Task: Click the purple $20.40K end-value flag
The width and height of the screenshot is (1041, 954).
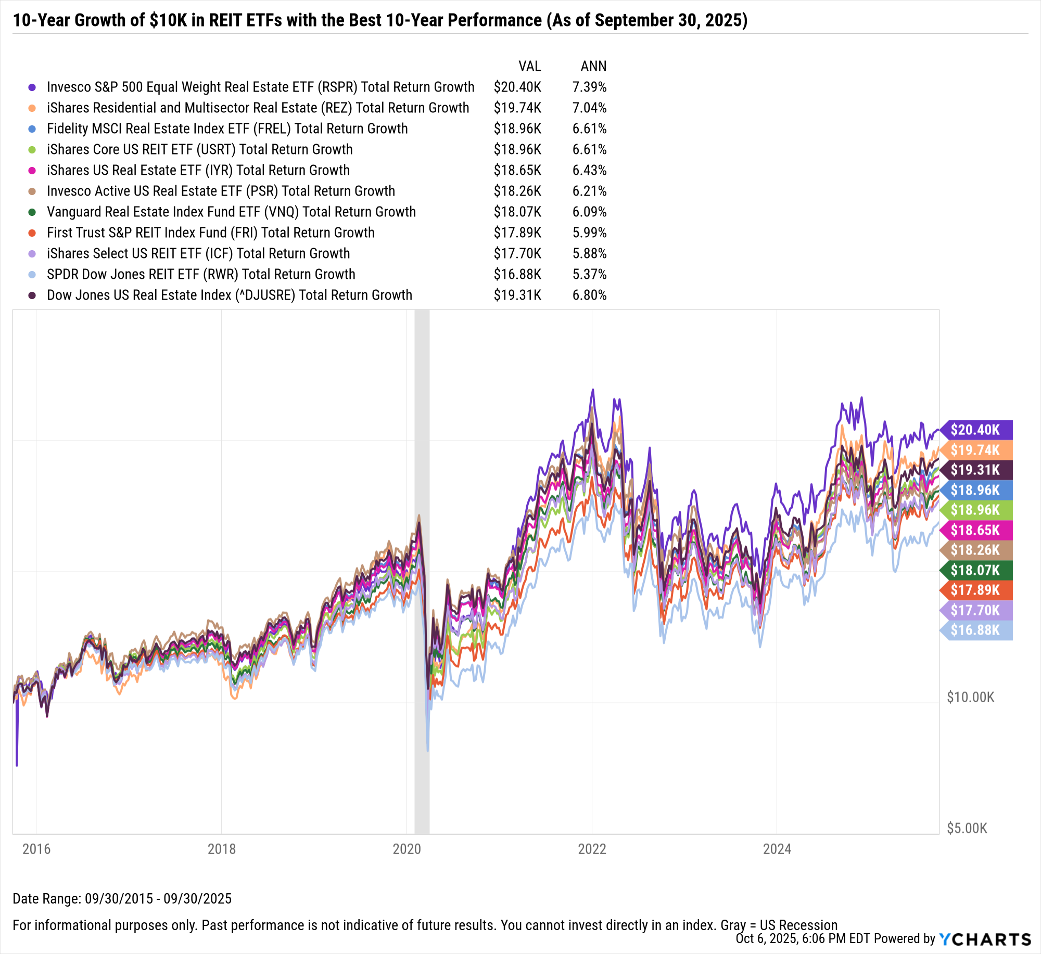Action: pos(976,430)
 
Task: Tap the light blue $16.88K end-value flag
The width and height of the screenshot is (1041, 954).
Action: pos(976,630)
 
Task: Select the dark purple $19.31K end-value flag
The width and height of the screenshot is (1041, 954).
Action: pos(976,470)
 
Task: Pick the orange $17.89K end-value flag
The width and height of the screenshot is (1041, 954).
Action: pos(976,590)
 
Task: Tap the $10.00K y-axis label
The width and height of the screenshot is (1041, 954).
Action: pos(970,697)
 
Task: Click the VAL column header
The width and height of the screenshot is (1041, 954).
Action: pos(529,66)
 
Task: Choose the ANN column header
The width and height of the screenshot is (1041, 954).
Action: pos(593,66)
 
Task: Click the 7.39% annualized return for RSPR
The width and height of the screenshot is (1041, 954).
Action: pos(589,87)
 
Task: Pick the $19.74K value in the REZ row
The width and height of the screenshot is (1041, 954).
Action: pos(517,108)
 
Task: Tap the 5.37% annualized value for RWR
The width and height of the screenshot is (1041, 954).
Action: pos(589,274)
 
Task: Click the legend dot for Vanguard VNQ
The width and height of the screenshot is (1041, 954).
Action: pos(32,212)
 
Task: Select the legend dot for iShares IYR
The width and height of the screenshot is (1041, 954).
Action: pos(32,171)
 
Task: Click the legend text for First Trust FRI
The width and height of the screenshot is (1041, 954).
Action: pos(210,233)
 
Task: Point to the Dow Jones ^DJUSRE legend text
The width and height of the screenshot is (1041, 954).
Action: pos(229,295)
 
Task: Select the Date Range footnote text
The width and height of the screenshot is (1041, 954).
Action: pos(122,898)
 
